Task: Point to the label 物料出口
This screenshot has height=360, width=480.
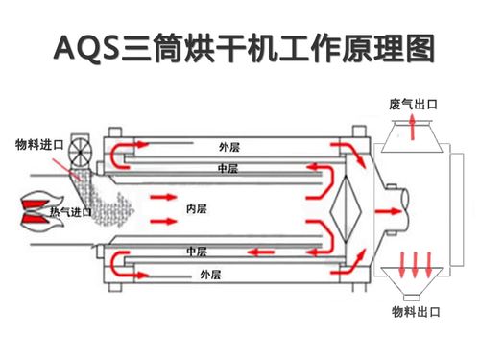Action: click(416, 313)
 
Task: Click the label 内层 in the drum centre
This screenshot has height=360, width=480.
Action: click(197, 207)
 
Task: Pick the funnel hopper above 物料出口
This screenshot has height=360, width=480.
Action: click(414, 284)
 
